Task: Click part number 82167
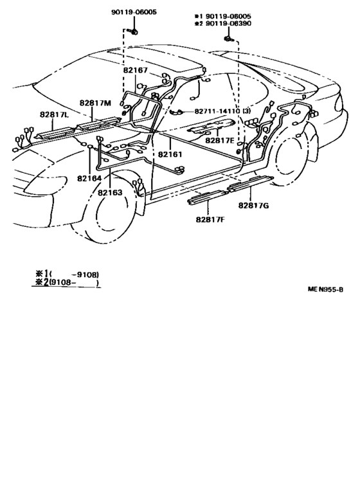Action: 135,70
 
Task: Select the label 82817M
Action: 95,103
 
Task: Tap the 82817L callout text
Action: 55,114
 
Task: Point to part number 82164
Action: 89,178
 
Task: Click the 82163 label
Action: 110,193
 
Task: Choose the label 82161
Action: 170,154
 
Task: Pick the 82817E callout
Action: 220,140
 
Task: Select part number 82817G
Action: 253,206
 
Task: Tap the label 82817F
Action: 210,219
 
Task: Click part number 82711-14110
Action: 217,111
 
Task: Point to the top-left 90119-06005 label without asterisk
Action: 134,12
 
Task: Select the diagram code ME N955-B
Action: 325,289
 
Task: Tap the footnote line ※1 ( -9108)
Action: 67,274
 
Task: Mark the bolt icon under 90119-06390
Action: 229,39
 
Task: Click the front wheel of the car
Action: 104,207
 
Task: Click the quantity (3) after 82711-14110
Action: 247,111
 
